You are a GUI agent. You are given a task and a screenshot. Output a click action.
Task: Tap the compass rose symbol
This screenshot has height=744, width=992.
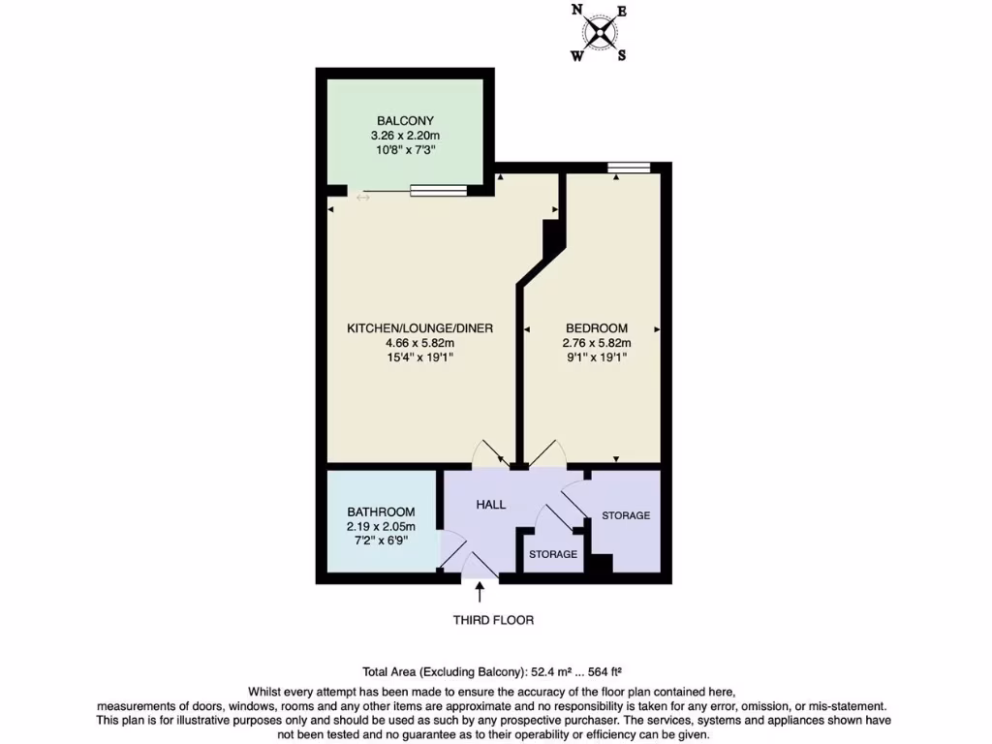click(x=602, y=33)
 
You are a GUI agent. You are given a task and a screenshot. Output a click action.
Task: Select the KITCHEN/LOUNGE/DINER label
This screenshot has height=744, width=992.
click(x=419, y=328)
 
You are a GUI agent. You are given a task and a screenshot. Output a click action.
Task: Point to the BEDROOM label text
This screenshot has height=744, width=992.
click(x=596, y=328)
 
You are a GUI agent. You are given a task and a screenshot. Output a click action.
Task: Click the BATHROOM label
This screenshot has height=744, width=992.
click(x=381, y=512)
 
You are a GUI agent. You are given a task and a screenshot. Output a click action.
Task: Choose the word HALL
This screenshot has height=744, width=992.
click(x=490, y=505)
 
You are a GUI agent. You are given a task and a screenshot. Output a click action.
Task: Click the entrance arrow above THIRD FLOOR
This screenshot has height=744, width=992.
click(x=480, y=592)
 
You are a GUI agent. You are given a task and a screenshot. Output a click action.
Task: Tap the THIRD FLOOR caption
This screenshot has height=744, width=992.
click(x=493, y=620)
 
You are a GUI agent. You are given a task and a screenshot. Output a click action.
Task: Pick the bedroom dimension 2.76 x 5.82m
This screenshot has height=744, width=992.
click(x=596, y=343)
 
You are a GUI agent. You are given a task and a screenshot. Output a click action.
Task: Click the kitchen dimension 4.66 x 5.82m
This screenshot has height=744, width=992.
click(x=419, y=343)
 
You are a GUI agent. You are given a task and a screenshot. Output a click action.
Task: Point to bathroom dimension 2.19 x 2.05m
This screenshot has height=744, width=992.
click(x=381, y=526)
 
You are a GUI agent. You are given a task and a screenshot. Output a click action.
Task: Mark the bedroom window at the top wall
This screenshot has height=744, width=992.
click(x=629, y=169)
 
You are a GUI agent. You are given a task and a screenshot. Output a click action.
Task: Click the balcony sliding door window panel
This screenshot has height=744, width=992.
click(x=439, y=190)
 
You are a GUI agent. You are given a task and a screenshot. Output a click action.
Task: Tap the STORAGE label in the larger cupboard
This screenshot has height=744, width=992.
click(x=625, y=515)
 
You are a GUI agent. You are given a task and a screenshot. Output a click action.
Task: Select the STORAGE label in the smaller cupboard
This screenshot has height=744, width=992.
click(x=552, y=554)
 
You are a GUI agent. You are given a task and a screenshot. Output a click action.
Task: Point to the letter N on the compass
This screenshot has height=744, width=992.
click(x=577, y=12)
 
